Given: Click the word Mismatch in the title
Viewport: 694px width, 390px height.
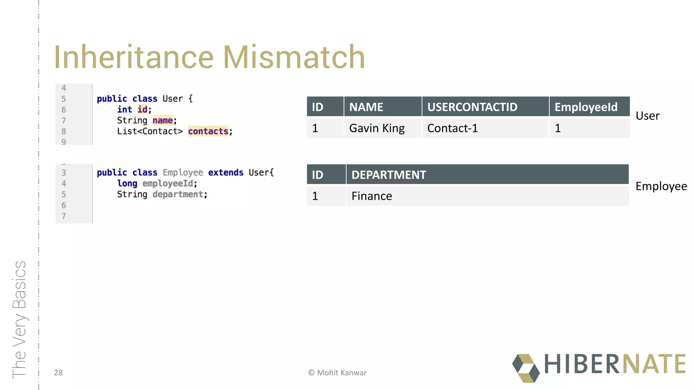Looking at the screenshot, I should (294, 57).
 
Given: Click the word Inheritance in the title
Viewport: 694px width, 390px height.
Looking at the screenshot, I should (134, 57).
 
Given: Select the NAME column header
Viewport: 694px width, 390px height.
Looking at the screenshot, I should (366, 107).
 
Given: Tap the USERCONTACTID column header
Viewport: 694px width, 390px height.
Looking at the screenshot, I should (472, 107).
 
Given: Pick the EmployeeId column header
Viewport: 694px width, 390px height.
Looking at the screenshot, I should (586, 107).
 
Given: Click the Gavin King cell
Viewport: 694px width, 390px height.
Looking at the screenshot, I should (377, 128).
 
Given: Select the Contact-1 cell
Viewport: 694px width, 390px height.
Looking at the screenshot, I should (452, 128).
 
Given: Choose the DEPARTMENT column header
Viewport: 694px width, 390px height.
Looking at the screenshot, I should (389, 175).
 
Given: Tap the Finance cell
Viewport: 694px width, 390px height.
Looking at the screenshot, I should (372, 196).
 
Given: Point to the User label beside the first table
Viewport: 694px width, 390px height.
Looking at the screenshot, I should (647, 116).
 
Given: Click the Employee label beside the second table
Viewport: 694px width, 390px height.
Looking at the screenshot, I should (661, 186).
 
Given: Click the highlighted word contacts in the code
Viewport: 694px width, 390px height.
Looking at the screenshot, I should (208, 131).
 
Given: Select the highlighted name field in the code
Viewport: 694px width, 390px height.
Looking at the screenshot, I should (162, 121).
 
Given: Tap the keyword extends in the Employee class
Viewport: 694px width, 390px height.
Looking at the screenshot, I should (226, 173).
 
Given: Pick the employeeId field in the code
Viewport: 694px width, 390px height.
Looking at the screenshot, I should (167, 183).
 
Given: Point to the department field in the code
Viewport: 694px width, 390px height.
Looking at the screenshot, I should (178, 194).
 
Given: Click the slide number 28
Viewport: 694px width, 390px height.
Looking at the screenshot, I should (58, 373).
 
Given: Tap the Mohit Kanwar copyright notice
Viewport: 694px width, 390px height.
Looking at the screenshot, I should (337, 373).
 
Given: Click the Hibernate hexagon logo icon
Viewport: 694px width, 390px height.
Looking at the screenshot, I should (526, 368).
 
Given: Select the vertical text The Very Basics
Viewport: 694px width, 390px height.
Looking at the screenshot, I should (19, 320).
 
